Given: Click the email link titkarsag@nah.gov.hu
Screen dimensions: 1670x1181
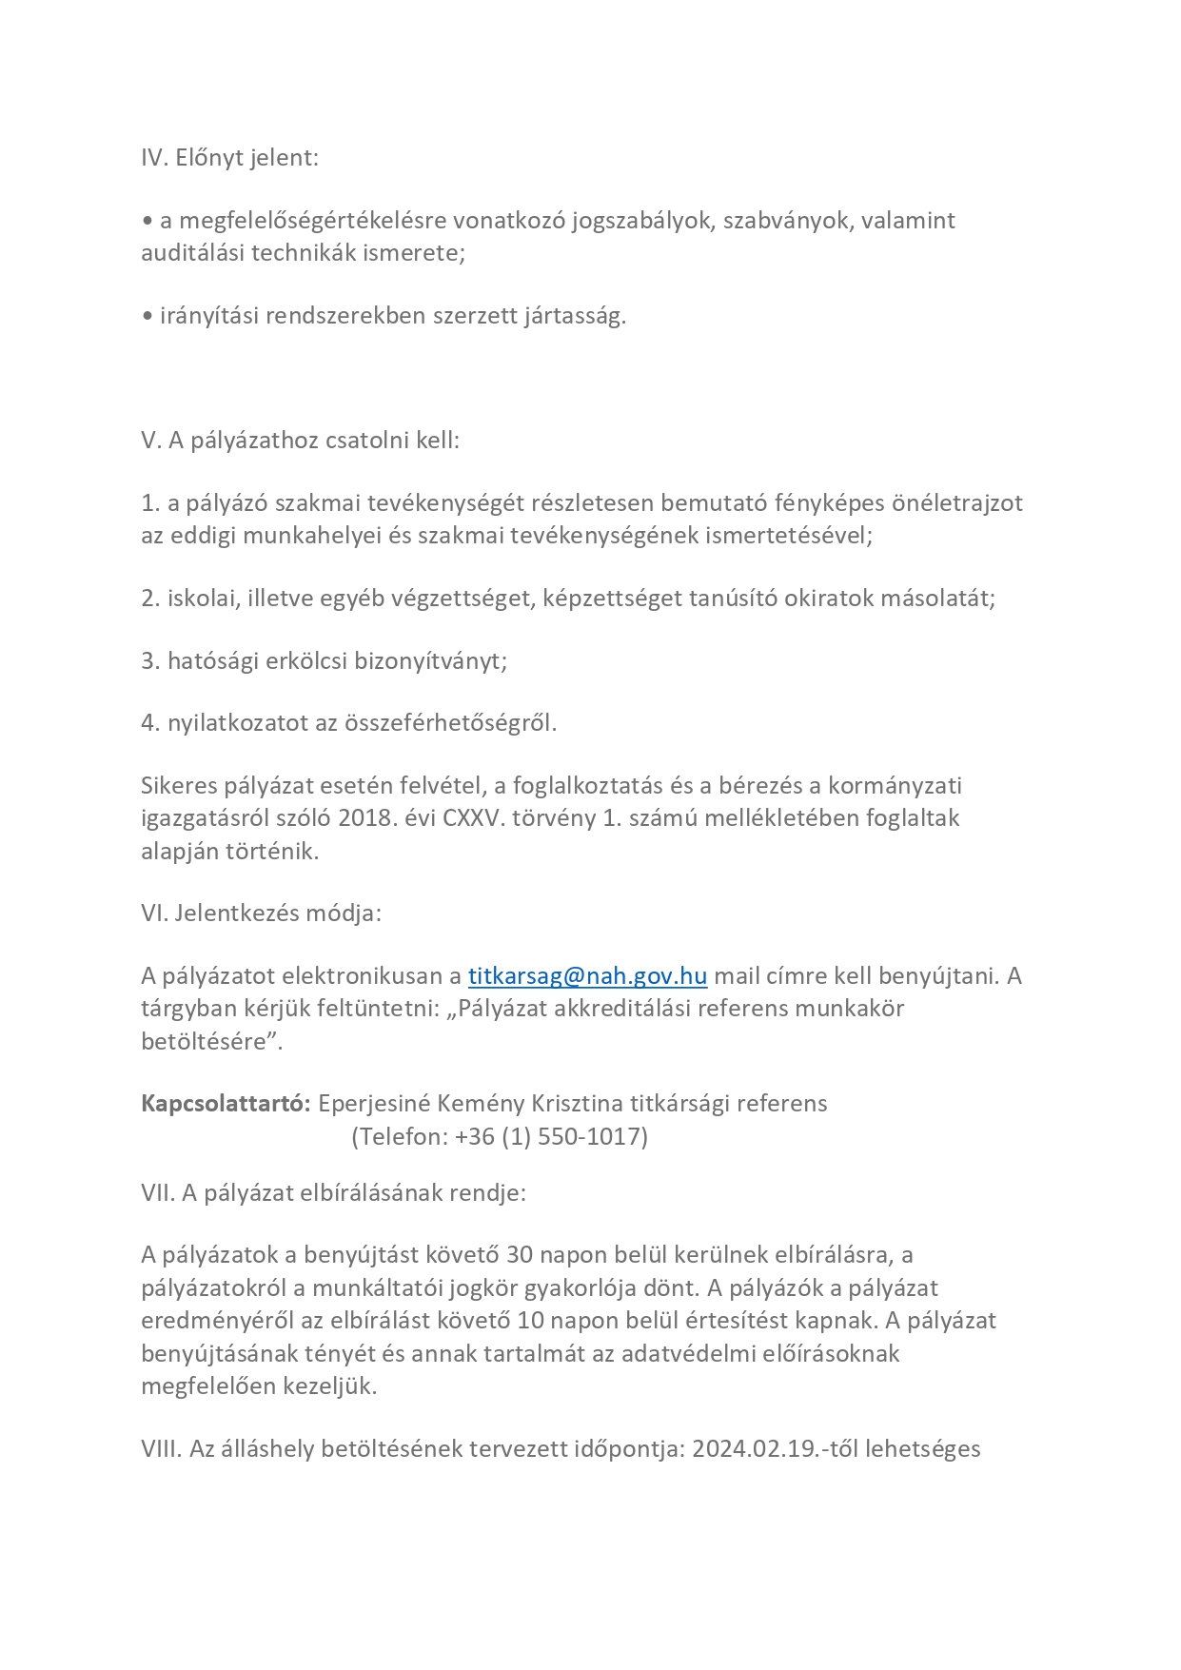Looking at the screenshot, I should click(x=587, y=976).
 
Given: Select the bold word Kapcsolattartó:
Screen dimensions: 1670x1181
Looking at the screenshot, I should click(x=226, y=1104).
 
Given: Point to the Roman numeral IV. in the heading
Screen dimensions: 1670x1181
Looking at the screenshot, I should click(x=154, y=158).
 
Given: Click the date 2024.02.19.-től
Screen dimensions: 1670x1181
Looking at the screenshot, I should click(x=773, y=1449).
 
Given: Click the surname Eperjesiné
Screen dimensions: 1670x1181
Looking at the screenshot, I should click(x=374, y=1104).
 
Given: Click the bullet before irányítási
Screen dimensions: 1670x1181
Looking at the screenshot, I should click(x=147, y=317).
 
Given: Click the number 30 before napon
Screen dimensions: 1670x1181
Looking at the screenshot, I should click(x=520, y=1255).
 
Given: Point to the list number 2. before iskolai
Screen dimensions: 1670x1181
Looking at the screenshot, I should click(x=150, y=599).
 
